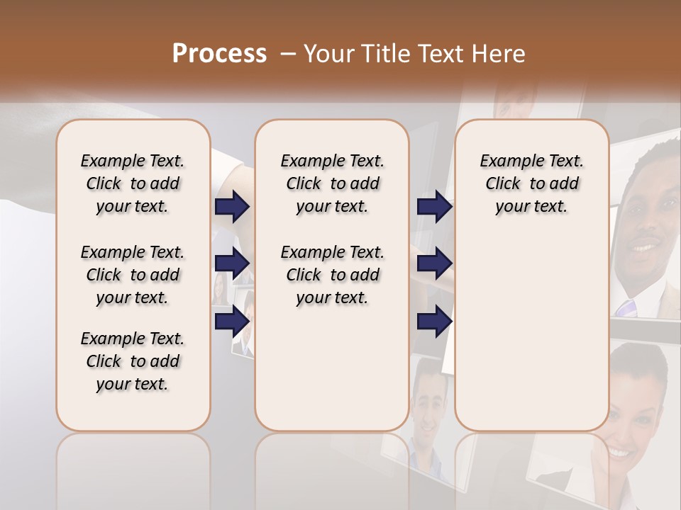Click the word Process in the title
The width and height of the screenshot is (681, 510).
[x=219, y=54]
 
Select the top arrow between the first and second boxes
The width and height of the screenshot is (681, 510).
[x=232, y=207]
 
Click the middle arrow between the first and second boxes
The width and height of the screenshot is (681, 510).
[x=232, y=264]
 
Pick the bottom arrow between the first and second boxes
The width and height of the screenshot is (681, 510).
[x=232, y=321]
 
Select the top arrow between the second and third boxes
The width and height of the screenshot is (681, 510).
[x=434, y=207]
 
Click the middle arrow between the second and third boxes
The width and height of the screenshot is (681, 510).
[x=434, y=264]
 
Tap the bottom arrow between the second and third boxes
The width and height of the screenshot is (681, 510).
[x=434, y=321]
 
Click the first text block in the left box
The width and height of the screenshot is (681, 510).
[x=133, y=183]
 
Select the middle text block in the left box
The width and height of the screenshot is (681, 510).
[x=133, y=275]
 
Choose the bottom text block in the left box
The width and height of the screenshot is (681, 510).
[x=133, y=361]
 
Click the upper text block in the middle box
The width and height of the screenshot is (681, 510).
[x=332, y=183]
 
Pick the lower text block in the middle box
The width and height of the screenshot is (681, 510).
[x=332, y=275]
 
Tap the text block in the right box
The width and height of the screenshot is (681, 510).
[x=531, y=183]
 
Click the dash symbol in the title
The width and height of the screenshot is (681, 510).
[x=287, y=54]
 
